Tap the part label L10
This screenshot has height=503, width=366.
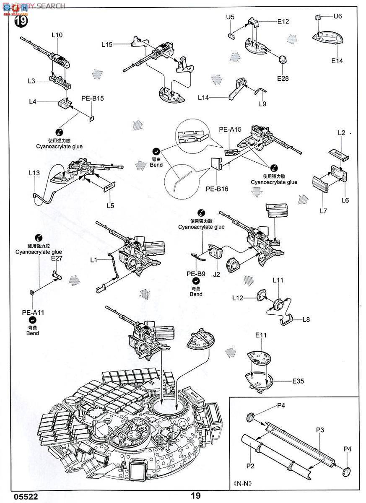tap(57, 35)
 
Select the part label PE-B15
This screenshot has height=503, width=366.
tap(92, 99)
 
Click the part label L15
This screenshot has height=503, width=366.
tap(107, 44)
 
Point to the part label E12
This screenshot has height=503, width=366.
tap(283, 21)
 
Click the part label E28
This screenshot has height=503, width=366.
tap(283, 78)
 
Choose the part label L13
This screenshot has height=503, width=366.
tap(34, 172)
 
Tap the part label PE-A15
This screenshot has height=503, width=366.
tap(230, 130)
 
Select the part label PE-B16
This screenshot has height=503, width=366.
tap(217, 189)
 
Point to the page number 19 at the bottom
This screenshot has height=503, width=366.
tap(195, 496)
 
